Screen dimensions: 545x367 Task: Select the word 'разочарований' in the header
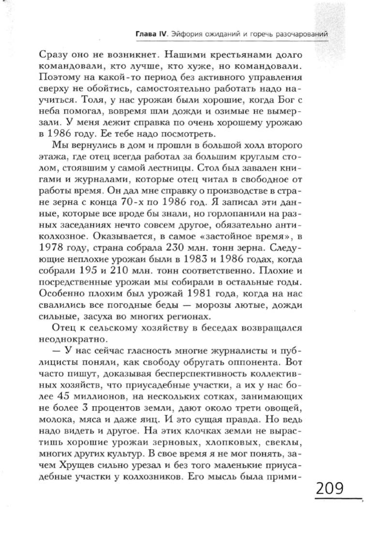click(x=304, y=34)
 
